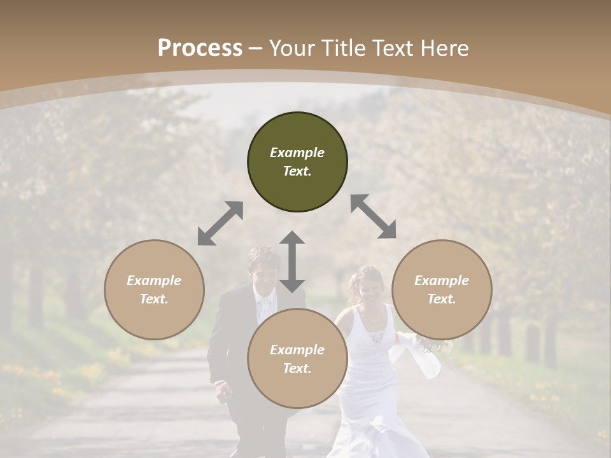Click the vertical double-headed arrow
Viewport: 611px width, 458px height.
292,261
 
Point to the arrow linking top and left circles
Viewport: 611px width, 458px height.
220,223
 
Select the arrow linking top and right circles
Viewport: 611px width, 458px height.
373,216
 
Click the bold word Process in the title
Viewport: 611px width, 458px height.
200,48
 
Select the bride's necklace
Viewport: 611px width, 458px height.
372,316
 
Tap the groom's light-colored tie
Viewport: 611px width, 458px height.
263,309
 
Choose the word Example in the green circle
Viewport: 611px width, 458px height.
297,153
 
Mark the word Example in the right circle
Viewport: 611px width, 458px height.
442,281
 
